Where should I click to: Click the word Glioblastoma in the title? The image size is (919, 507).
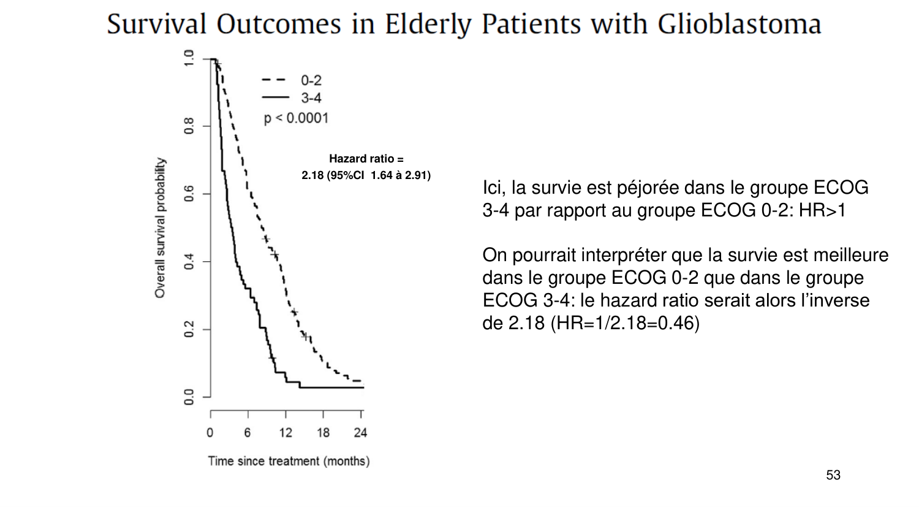click(x=739, y=25)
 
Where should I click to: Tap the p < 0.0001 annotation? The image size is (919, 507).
click(x=296, y=118)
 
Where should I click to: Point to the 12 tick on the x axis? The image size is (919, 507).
click(x=286, y=433)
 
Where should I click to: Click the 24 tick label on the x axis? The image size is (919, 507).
click(x=360, y=433)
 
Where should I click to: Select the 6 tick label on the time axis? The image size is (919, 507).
click(x=248, y=433)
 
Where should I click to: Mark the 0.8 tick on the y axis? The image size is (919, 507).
click(x=189, y=126)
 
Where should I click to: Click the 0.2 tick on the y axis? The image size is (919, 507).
click(x=189, y=329)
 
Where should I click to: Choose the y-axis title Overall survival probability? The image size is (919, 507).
click(x=160, y=227)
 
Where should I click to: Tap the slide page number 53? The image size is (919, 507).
click(x=833, y=475)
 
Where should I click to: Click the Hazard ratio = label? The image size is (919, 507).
click(x=366, y=159)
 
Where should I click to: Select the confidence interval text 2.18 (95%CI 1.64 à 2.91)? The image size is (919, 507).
click(x=366, y=176)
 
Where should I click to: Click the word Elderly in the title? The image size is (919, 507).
click(x=428, y=25)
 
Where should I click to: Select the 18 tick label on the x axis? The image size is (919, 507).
click(x=323, y=433)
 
